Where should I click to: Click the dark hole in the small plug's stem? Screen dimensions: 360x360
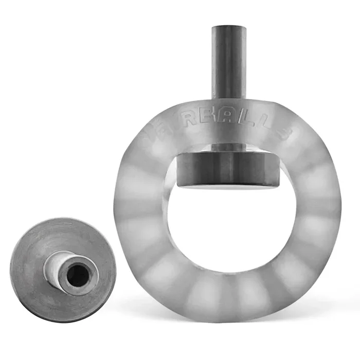(76, 271)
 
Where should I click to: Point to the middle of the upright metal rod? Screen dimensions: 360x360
(229, 62)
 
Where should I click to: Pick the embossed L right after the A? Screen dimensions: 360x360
(257, 125)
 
